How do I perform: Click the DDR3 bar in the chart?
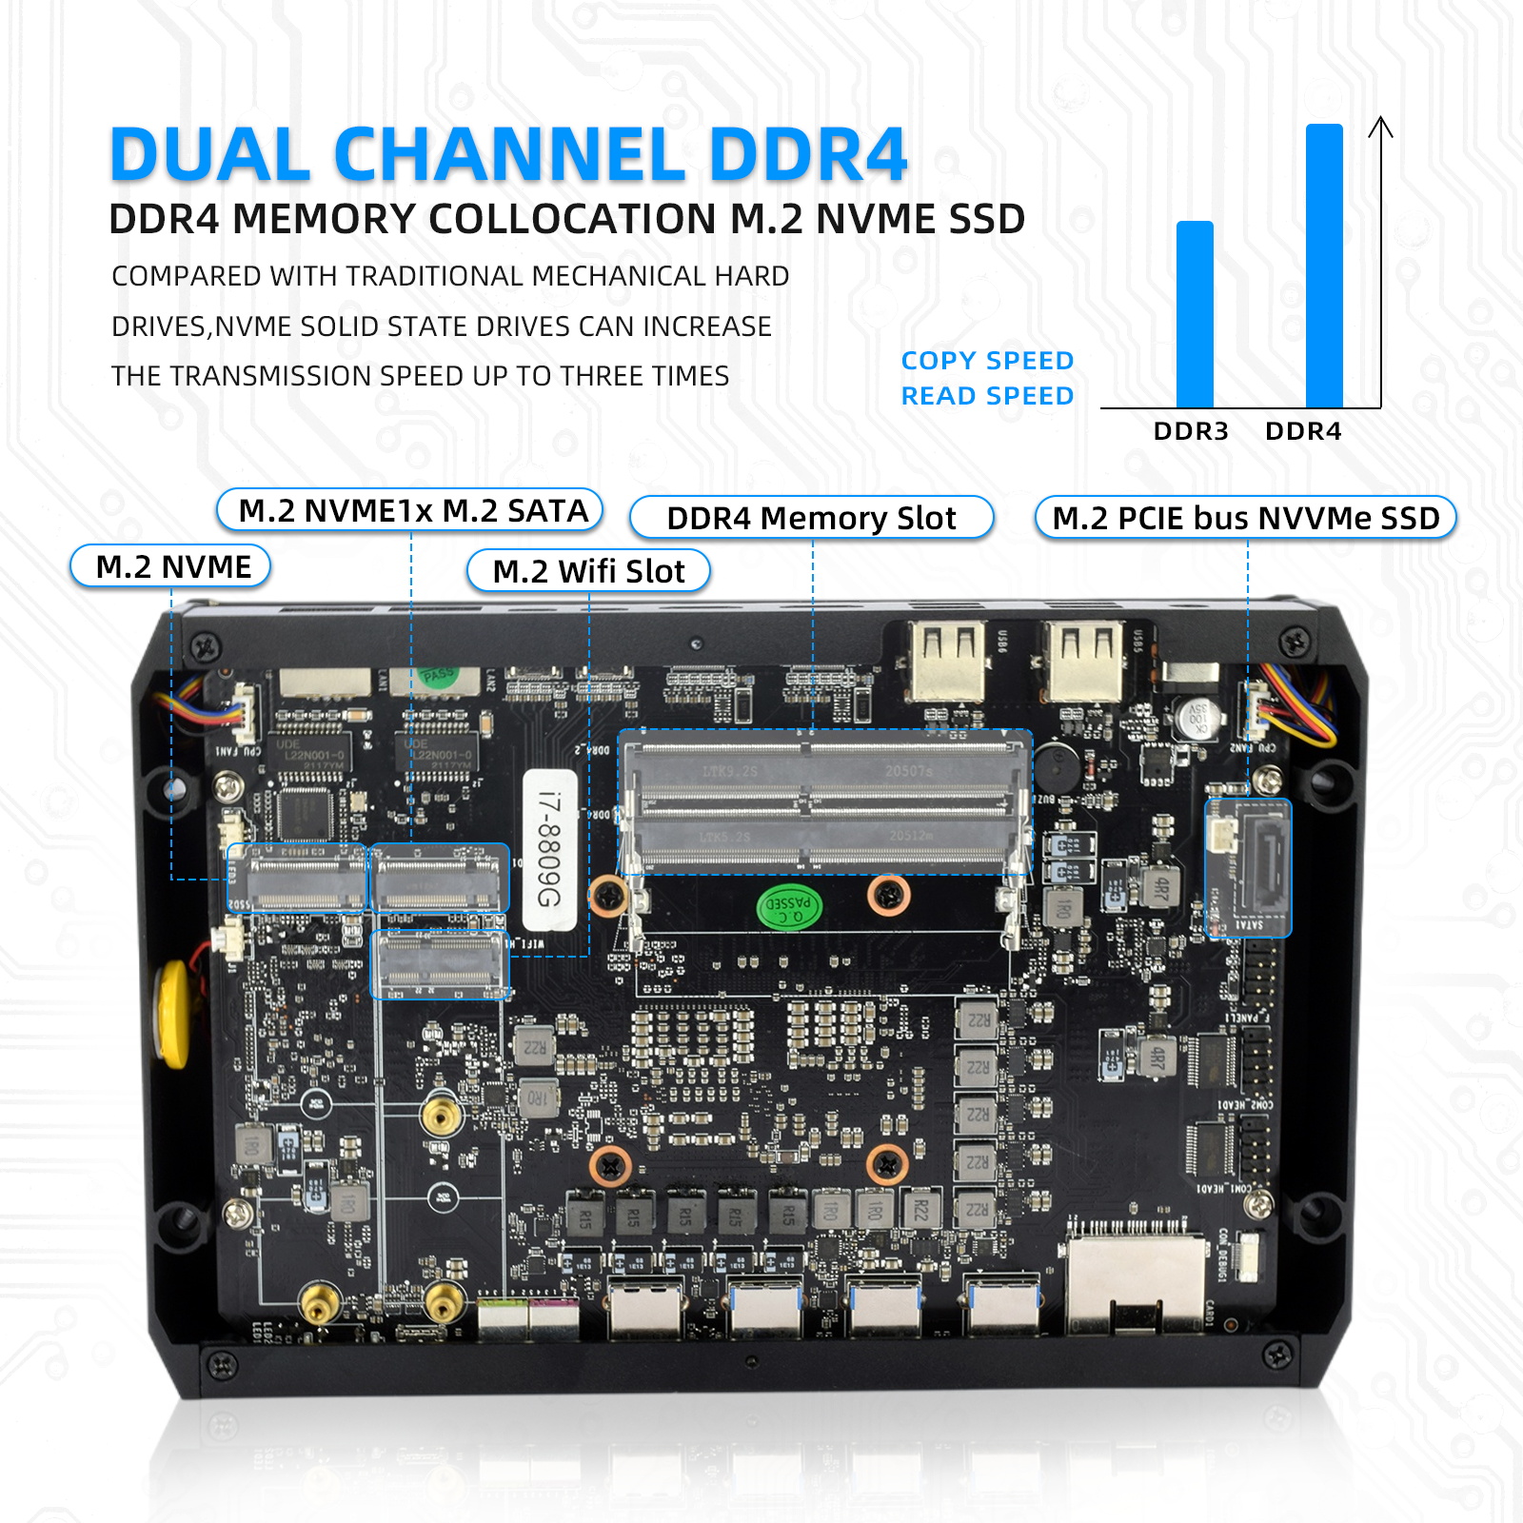[x=1195, y=314]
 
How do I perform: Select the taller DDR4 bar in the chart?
[x=1324, y=266]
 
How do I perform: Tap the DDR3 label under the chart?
[x=1191, y=431]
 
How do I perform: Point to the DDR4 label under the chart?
[x=1303, y=431]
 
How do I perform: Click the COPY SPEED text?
[x=987, y=361]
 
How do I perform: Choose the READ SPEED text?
[x=987, y=396]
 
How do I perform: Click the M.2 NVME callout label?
[x=171, y=567]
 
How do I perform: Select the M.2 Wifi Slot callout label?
[x=588, y=571]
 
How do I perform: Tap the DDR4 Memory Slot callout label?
[x=811, y=518]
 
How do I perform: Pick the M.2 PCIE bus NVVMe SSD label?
[x=1245, y=518]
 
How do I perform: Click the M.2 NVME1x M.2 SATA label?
[x=411, y=510]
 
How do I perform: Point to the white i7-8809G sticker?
[x=550, y=849]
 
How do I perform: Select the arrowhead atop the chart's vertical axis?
[x=1380, y=128]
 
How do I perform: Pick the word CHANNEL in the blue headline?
[x=509, y=154]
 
